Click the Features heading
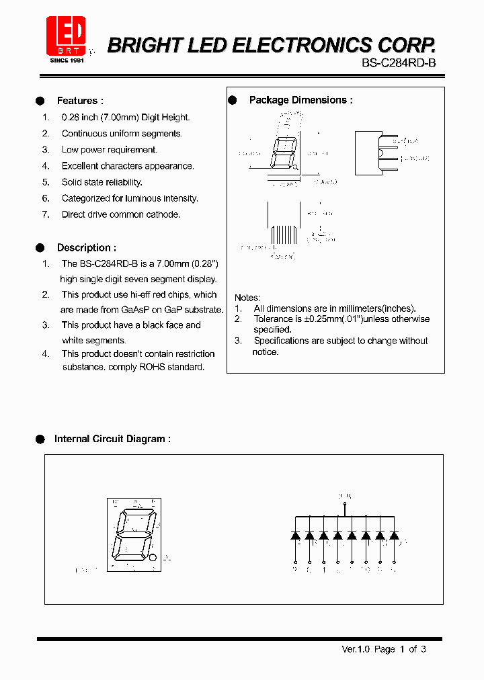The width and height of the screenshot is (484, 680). coord(80,101)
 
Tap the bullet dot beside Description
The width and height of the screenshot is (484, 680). coord(40,248)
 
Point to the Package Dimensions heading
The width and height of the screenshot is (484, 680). coord(300,100)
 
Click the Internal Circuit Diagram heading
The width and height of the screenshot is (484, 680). coord(112,439)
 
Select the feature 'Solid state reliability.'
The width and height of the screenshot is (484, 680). coord(102,182)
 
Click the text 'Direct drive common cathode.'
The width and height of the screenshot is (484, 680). coord(121,214)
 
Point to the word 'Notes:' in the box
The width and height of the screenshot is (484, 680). coord(247,298)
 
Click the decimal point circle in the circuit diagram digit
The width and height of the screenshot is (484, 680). coord(153,558)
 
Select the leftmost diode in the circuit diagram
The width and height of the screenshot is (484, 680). coord(295,536)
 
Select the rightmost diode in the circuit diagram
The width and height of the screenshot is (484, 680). coord(394,536)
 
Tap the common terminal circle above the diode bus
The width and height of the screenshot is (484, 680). coord(345,503)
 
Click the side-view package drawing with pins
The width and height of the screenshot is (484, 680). coord(371,153)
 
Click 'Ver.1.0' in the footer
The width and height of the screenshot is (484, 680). coord(356,649)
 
